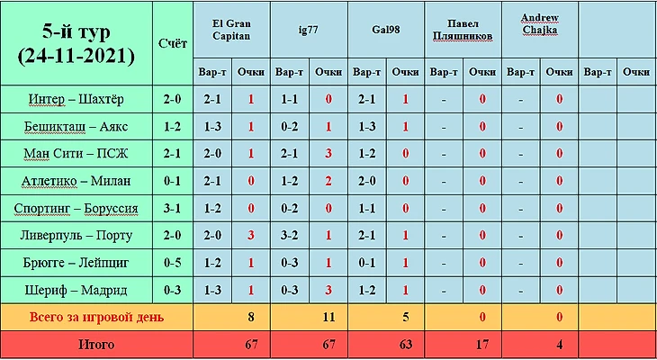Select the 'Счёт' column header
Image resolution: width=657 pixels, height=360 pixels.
click(x=172, y=43)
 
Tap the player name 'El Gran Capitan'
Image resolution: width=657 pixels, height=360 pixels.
click(x=231, y=29)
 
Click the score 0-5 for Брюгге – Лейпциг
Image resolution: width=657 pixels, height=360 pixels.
click(x=172, y=263)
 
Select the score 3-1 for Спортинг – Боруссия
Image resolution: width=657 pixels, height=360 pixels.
click(x=172, y=209)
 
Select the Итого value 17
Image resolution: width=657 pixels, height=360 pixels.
click(x=482, y=344)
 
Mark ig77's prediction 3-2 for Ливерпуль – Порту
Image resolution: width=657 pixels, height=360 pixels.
click(x=289, y=236)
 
